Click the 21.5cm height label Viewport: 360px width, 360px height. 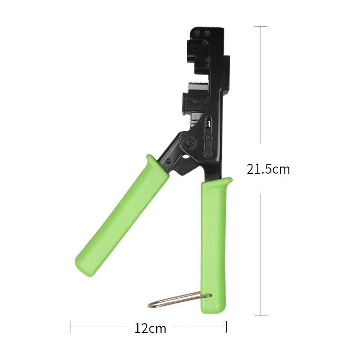[x=268, y=169]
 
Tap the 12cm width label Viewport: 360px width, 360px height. [x=150, y=328]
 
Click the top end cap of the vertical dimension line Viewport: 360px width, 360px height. [x=261, y=27]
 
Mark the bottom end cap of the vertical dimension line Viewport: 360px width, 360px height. [x=261, y=315]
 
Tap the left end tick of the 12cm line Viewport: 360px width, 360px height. [x=71, y=327]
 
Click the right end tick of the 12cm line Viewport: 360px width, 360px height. [x=226, y=327]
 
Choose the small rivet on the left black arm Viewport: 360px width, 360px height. [x=168, y=161]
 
